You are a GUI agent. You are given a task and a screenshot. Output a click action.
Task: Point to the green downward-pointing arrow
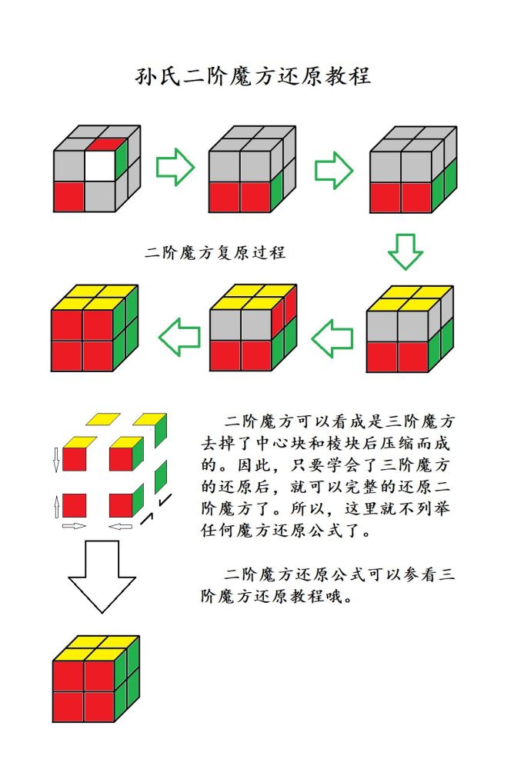tap(405, 250)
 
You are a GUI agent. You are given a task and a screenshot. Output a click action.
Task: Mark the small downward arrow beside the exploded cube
tap(56, 460)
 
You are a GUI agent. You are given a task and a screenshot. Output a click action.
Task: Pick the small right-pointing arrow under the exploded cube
tap(75, 527)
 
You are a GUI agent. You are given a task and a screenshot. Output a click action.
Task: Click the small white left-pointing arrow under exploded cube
tap(118, 527)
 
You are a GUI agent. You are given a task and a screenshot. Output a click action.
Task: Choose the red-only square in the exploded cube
tap(74, 505)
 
